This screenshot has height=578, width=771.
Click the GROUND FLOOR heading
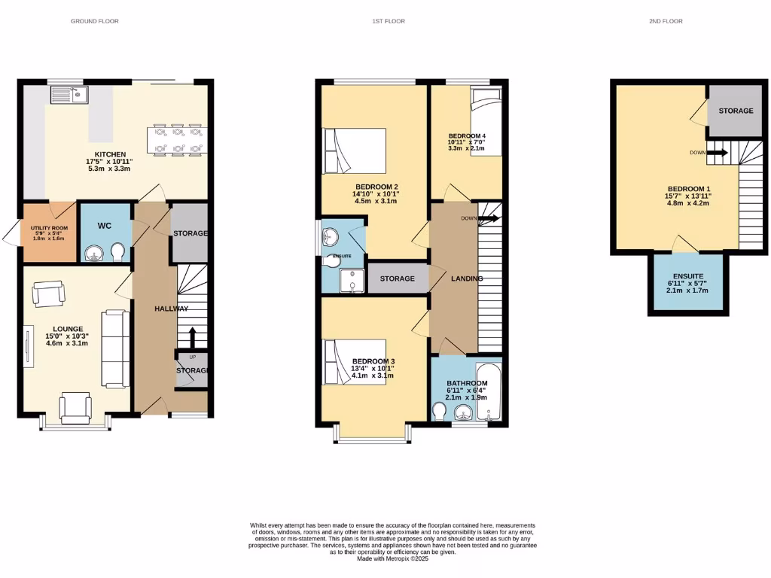(94, 21)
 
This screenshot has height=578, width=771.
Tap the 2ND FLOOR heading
(666, 21)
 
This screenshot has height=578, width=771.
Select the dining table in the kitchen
(175, 139)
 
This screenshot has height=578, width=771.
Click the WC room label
(105, 225)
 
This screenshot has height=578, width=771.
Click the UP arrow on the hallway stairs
(193, 336)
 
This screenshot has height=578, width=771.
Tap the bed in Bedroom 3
(355, 362)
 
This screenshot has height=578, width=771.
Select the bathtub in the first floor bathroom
(490, 391)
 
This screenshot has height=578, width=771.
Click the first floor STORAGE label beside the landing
(397, 279)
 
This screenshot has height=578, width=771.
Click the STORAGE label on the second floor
(735, 111)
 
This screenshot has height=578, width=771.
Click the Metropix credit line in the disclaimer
(392, 558)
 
